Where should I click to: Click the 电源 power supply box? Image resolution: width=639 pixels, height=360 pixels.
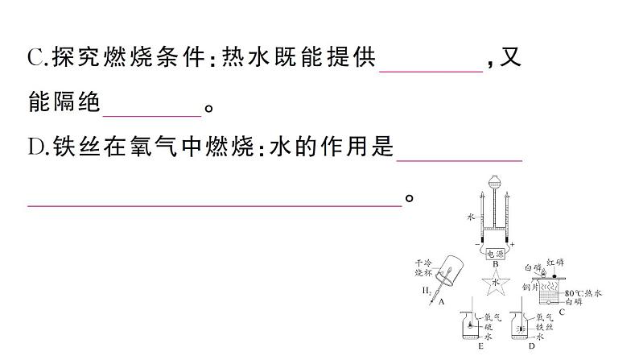click(x=494, y=252)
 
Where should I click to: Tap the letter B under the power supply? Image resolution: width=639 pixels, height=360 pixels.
click(x=495, y=264)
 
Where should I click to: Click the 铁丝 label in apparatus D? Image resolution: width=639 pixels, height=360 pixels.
click(x=546, y=329)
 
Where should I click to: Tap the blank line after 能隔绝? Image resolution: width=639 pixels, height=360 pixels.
click(x=152, y=114)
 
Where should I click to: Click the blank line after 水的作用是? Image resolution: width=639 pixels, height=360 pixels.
click(x=460, y=159)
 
